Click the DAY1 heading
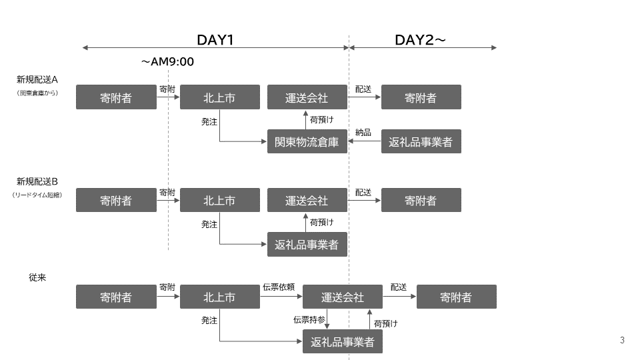(x=215, y=39)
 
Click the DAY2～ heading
(x=420, y=39)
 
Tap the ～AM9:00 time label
(x=167, y=62)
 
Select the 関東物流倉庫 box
(x=307, y=141)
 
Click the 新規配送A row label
(x=38, y=79)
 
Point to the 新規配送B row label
(x=38, y=181)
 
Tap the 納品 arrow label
(x=363, y=132)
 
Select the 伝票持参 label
(x=309, y=320)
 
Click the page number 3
(x=622, y=341)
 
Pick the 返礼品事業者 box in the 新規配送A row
(x=421, y=141)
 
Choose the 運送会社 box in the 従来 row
(x=343, y=297)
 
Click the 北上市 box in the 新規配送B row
(x=219, y=200)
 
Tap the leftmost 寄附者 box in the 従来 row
(x=116, y=297)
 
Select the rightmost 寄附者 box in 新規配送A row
(x=421, y=97)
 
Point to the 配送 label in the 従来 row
(x=399, y=287)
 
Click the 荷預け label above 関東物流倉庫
(x=322, y=119)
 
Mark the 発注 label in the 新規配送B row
(x=209, y=225)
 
